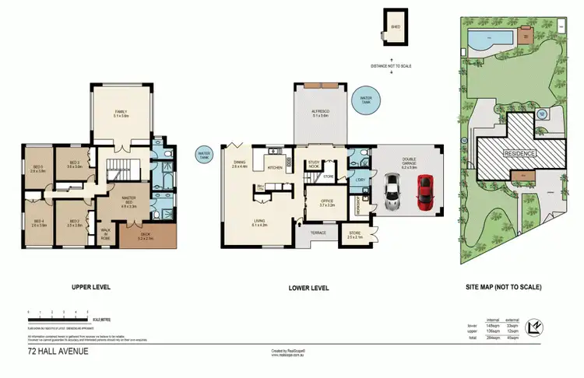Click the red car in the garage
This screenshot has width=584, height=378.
(424, 192)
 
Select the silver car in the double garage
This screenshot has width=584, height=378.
(393, 191)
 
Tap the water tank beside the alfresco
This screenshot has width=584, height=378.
(366, 98)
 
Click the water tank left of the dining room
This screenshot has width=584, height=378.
(205, 154)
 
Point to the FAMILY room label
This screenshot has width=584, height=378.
(121, 114)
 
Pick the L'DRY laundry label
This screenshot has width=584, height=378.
(361, 180)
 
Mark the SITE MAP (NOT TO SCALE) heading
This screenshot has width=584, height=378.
(512, 287)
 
